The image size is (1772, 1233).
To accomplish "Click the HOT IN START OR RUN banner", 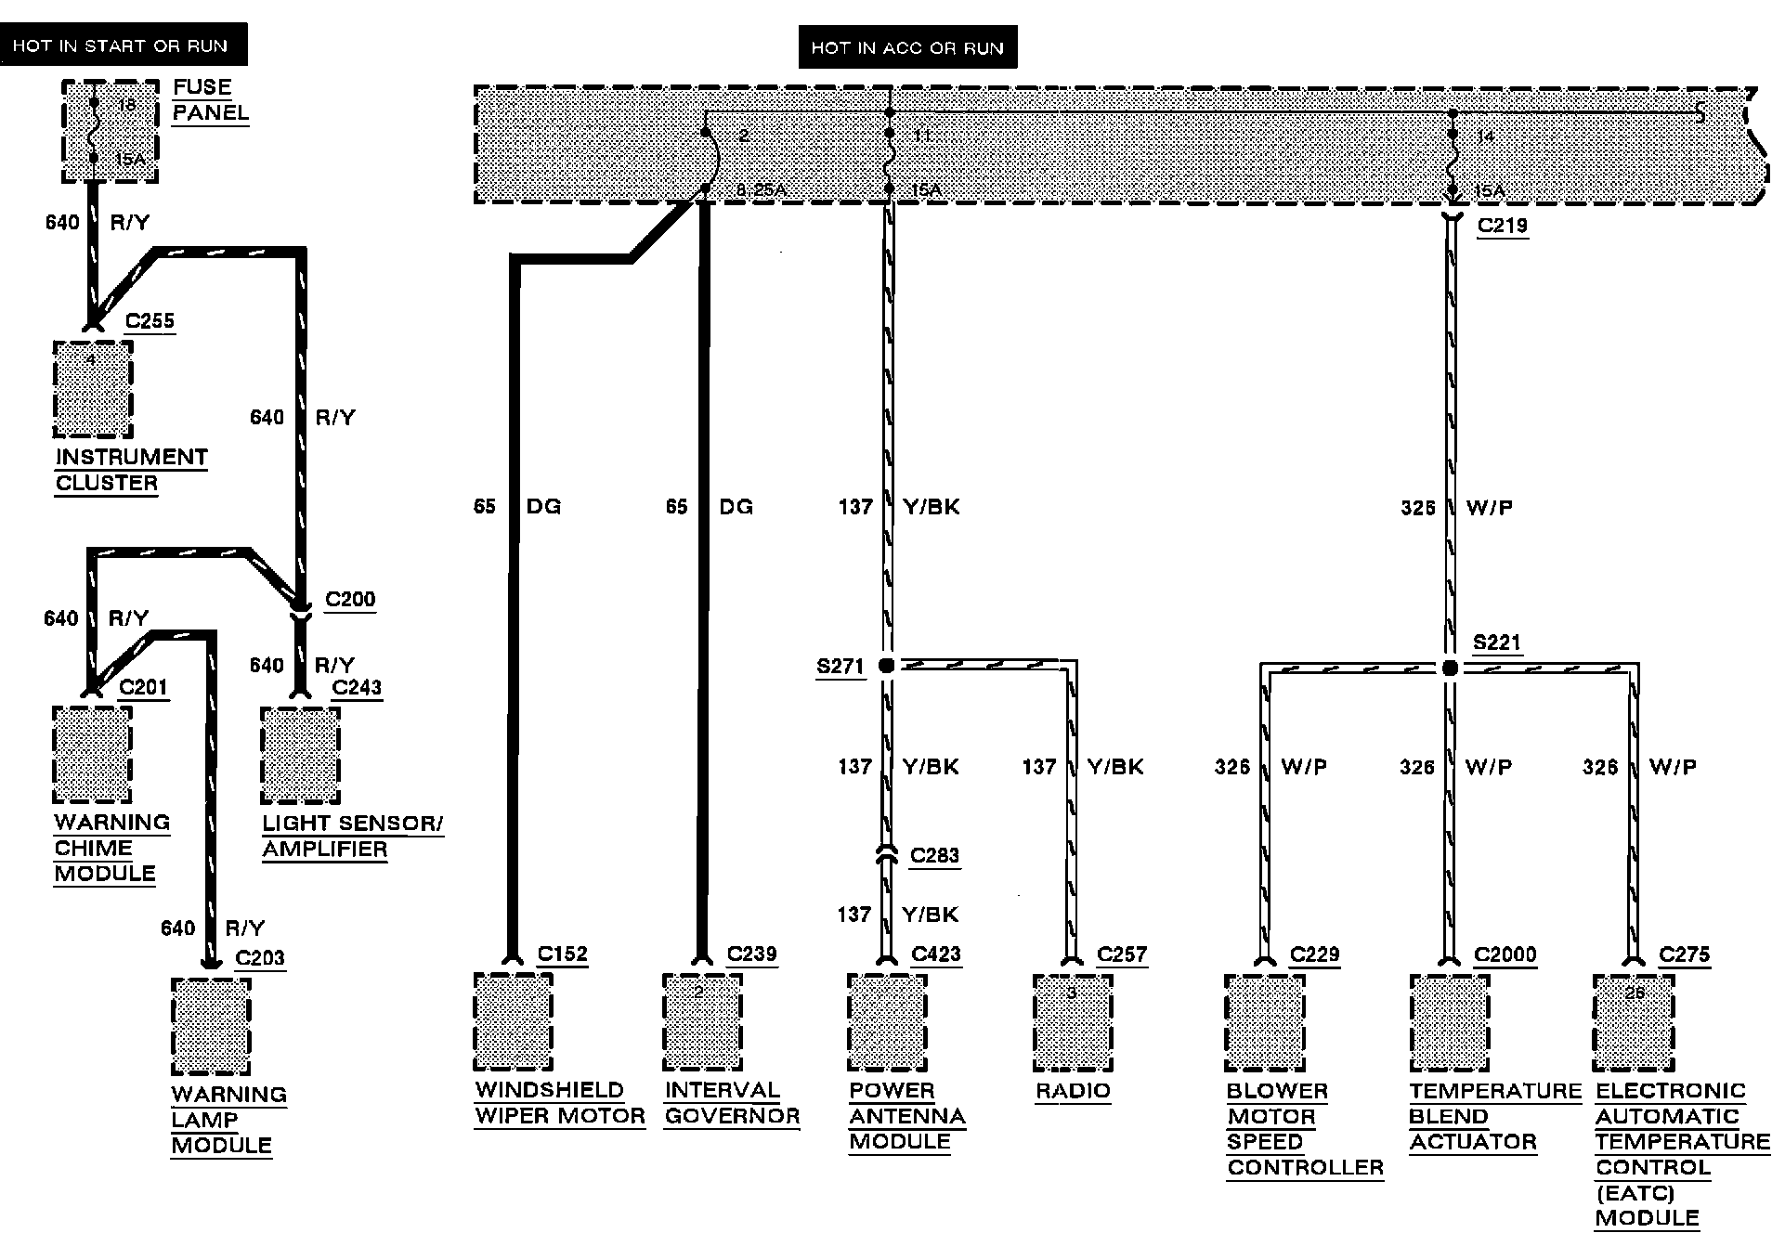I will (124, 45).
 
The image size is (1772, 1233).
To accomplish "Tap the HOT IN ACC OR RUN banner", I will (907, 47).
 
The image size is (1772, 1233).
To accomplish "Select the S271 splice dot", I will (886, 666).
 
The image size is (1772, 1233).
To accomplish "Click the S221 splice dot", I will (1450, 668).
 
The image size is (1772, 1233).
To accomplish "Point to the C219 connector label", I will (1502, 226).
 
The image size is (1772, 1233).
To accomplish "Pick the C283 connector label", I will (934, 855).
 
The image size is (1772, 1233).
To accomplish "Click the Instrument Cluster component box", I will (92, 389).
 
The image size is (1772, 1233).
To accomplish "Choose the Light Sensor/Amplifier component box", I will (300, 756).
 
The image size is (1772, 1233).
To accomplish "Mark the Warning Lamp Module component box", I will (211, 1026).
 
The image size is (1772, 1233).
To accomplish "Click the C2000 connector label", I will (1505, 954).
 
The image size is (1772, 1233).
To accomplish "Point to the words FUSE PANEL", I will (211, 100).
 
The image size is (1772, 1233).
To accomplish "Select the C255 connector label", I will (150, 321).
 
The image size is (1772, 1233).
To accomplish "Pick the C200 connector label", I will (350, 600).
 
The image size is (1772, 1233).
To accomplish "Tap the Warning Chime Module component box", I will (92, 754).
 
